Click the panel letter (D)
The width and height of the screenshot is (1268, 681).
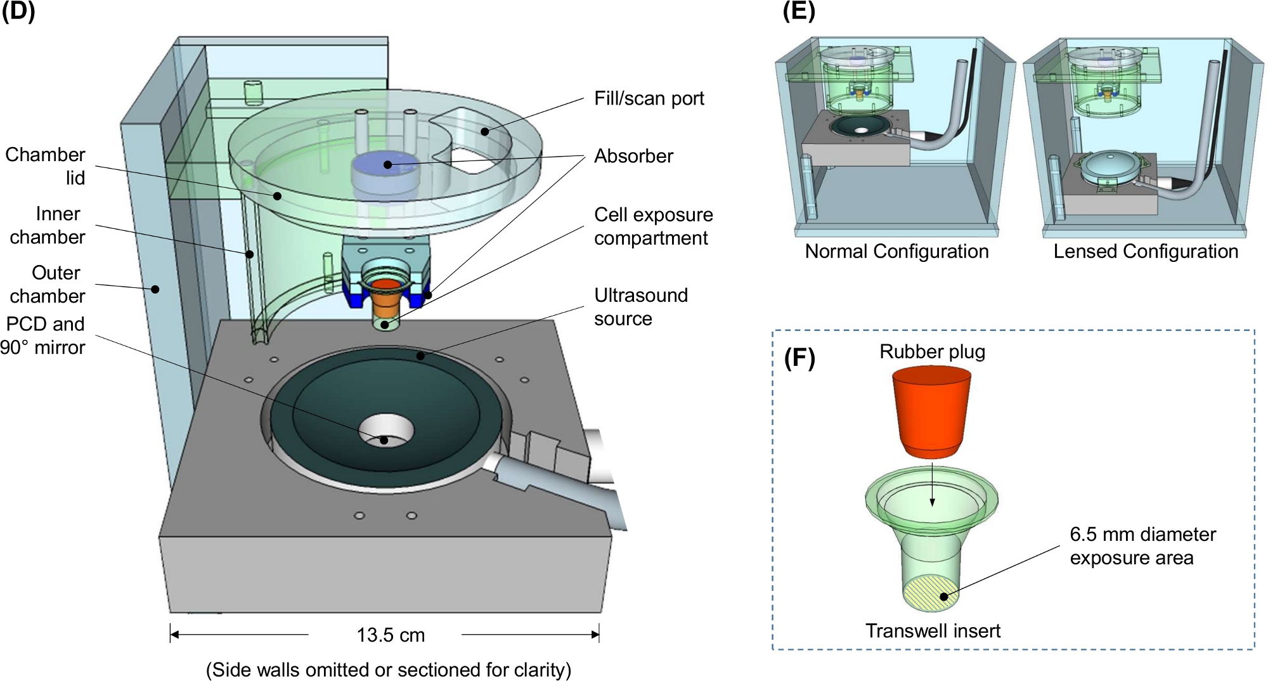tap(18, 12)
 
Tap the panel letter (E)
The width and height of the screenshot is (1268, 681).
tap(799, 12)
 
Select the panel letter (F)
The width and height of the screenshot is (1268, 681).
tap(799, 358)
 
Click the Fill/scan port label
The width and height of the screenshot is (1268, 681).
tap(649, 98)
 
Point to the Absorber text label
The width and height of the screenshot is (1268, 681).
tap(633, 156)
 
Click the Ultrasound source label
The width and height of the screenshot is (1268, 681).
tap(640, 307)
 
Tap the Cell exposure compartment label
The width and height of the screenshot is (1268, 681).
tap(654, 226)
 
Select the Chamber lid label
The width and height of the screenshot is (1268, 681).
tap(45, 166)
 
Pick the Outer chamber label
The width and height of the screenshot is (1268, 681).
tap(48, 284)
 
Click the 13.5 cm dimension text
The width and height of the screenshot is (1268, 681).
tap(391, 635)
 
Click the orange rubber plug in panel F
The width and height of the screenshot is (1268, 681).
tap(931, 412)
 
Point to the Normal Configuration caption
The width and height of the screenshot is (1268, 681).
tap(896, 251)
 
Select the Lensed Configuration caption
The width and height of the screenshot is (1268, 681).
tap(1146, 251)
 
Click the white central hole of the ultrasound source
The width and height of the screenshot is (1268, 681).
tap(386, 431)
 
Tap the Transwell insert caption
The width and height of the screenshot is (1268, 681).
tap(933, 631)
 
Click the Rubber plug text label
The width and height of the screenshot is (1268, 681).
tap(932, 352)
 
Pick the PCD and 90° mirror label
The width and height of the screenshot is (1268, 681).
tap(42, 335)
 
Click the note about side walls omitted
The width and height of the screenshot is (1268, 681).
tap(389, 670)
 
